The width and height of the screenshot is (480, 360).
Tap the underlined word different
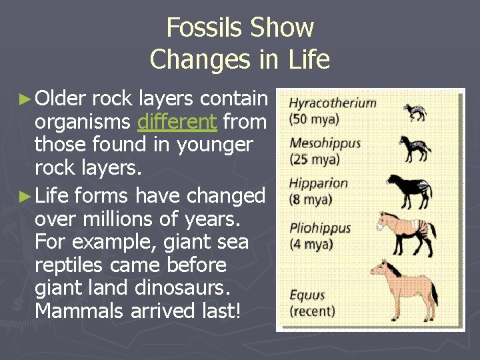coord(177,121)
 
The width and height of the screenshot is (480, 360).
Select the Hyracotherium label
coord(333,104)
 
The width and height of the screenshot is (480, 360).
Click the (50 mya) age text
coord(314,119)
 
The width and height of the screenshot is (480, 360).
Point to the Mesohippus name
coord(325,143)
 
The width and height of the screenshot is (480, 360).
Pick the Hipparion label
coord(319,183)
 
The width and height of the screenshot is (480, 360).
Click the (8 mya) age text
coord(311,199)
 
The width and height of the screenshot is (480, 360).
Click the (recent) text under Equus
coord(312,311)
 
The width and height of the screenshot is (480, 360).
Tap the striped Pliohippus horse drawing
coord(407,231)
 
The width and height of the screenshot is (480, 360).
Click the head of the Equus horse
coord(378,269)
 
